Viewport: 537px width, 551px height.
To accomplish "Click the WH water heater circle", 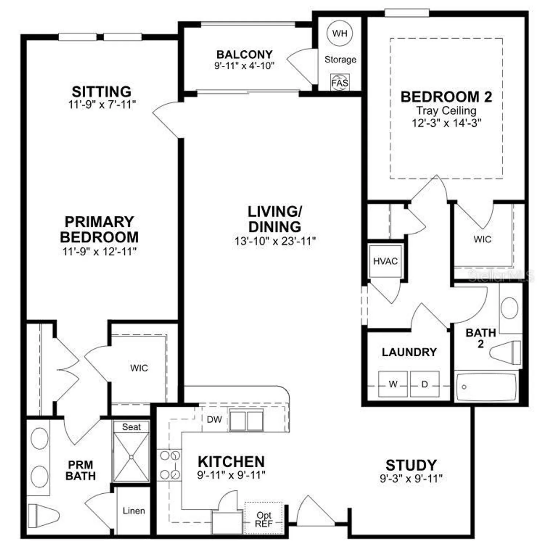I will coord(339,33).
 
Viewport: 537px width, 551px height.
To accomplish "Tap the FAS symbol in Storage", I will coord(340,82).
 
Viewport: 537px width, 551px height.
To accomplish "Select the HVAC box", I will coord(385,261).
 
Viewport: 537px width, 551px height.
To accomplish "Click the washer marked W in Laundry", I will coord(393,384).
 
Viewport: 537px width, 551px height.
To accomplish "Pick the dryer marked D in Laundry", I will coord(425,384).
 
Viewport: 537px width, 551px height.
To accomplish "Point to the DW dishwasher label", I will coord(214,419).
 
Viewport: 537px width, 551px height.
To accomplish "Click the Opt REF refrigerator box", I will coord(264,519).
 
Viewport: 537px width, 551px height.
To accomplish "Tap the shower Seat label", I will coord(131,427).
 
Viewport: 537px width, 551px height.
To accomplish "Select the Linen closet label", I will coord(134,511).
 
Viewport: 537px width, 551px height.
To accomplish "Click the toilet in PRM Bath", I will coord(43,516).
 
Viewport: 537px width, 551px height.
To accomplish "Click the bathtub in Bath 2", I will coord(486,387).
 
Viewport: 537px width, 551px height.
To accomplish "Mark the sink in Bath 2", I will coord(509,308).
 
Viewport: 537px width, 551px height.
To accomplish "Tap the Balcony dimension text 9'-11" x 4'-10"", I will coord(244,66).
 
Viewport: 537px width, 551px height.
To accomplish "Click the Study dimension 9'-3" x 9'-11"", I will coord(411,478).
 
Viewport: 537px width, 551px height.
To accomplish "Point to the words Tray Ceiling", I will coord(446,110).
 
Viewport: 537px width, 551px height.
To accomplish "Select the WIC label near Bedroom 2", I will coord(482,239).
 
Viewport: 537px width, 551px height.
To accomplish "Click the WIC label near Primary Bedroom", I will coord(139,368).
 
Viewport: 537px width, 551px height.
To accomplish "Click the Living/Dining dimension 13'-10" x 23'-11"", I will coord(275,241).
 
